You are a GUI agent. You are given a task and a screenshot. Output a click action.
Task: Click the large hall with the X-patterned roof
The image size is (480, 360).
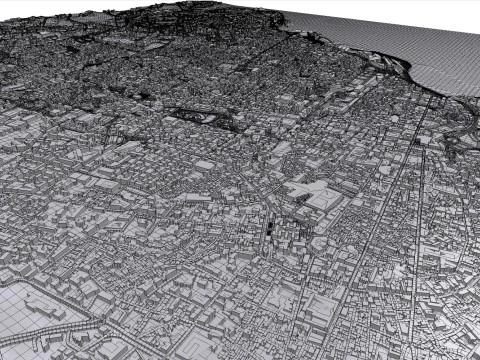coord(322,197)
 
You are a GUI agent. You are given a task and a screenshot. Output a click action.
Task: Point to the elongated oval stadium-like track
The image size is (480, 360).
coord(205,116)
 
